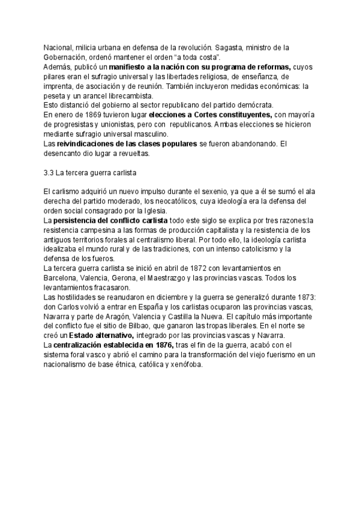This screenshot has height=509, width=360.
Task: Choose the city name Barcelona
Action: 62,277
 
